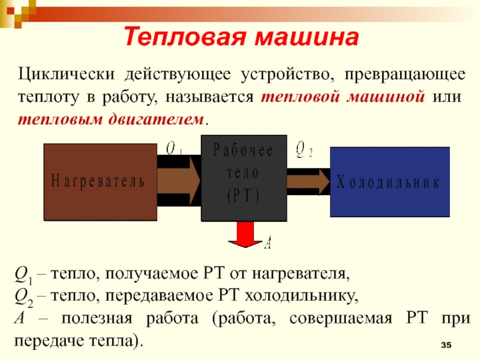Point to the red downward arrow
pyautogui.click(x=244, y=235)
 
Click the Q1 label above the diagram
pyautogui.click(x=174, y=146)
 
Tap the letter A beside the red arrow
pyautogui.click(x=268, y=242)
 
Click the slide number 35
pyautogui.click(x=446, y=346)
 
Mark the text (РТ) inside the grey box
pyautogui.click(x=242, y=195)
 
